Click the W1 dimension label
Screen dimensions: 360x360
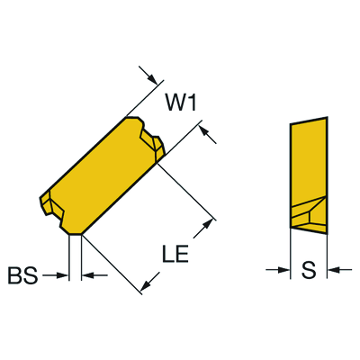(181, 103)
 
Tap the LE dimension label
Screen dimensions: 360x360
(175, 254)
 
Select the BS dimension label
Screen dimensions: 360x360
(22, 275)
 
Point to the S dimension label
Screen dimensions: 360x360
(309, 270)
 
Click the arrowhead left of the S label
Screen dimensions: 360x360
(284, 270)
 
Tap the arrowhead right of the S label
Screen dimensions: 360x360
(333, 270)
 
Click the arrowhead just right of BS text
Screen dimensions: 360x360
(63, 274)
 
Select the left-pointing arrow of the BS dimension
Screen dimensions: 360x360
(94, 274)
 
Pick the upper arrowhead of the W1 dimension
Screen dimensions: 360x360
(153, 79)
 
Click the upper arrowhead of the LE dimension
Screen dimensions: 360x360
(207, 224)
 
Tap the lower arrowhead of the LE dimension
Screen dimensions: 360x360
(146, 285)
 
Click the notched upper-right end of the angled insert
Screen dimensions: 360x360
(150, 138)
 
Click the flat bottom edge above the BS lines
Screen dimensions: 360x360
(76, 234)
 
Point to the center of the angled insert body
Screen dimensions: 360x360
(102, 175)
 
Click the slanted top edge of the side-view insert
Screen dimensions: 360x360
(309, 121)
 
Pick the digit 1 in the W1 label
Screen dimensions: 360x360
(193, 103)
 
